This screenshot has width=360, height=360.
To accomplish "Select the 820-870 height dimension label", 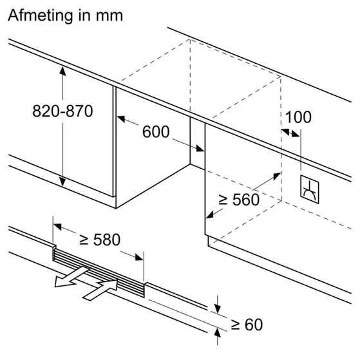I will tap(63, 111).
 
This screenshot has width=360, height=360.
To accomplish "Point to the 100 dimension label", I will tap(298, 117).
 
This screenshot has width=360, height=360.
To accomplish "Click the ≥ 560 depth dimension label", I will tap(239, 200).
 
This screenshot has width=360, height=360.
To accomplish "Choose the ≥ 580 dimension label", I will tap(99, 240).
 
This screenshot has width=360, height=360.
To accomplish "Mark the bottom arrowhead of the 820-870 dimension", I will tap(63, 184).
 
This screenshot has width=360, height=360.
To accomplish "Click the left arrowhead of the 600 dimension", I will tap(121, 118).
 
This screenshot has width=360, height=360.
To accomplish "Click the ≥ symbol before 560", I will tap(223, 200).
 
